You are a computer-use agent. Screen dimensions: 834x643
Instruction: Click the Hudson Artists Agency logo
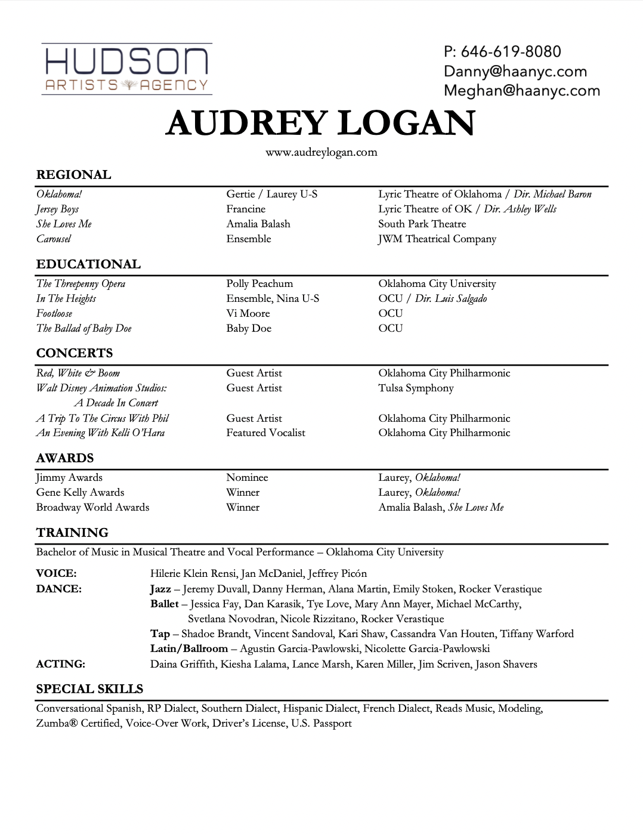[126, 69]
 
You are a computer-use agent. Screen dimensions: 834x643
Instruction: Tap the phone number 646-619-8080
[502, 51]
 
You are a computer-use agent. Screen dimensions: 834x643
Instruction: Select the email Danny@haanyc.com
[515, 72]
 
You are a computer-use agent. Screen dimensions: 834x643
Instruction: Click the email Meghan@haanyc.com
[521, 91]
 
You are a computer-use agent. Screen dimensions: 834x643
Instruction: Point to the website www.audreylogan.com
[321, 152]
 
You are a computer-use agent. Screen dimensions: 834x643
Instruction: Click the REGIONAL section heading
[73, 175]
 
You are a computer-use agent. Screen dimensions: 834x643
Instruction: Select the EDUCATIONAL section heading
[88, 264]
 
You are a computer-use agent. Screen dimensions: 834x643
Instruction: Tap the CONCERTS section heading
[74, 353]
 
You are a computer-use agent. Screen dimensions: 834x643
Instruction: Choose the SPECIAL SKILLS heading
[89, 689]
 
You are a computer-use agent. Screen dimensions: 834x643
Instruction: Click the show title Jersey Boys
[57, 209]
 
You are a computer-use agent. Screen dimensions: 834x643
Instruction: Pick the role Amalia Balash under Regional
[258, 224]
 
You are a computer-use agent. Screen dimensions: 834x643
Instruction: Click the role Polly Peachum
[259, 284]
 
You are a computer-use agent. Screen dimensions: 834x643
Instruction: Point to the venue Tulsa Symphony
[416, 388]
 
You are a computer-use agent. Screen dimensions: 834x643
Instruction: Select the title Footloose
[54, 314]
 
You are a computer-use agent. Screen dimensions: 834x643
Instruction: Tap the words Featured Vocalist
[265, 433]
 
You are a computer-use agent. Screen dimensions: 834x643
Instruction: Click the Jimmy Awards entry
[69, 478]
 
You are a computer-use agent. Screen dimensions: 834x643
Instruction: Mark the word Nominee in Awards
[247, 478]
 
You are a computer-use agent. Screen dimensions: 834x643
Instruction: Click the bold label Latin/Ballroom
[189, 649]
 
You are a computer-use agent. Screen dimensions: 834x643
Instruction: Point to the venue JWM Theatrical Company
[437, 239]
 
